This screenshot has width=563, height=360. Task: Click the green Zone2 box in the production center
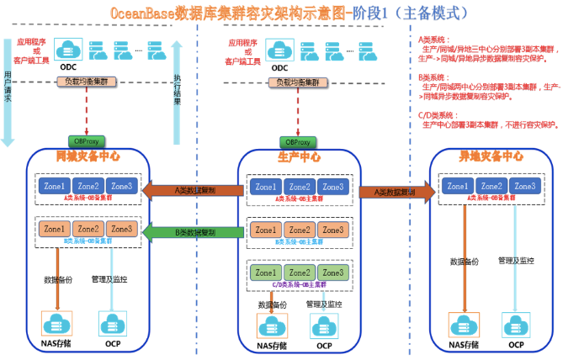299,273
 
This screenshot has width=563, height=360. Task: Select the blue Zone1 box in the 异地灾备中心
458,186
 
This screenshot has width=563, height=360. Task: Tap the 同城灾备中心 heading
88,156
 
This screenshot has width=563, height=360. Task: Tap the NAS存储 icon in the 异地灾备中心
465,324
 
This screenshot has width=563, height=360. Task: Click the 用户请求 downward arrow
8,93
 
